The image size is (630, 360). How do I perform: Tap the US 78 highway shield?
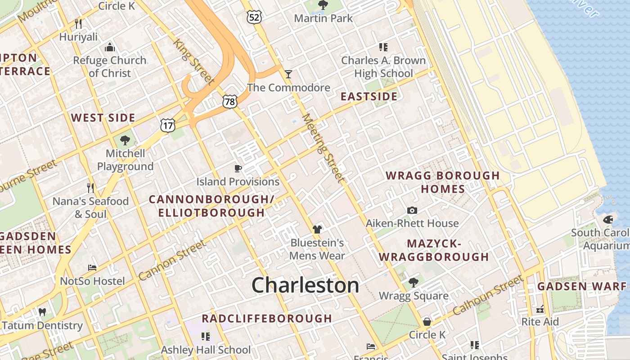click(229, 102)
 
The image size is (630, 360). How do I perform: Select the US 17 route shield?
click(167, 126)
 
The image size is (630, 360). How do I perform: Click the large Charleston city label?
click(305, 285)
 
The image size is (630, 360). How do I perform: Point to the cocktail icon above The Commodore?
click(288, 74)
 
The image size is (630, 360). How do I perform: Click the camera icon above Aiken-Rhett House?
click(412, 210)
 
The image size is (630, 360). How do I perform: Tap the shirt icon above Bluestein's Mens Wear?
click(317, 229)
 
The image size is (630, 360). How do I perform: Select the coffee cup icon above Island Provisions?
click(238, 168)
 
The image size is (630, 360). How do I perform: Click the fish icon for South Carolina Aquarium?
click(608, 220)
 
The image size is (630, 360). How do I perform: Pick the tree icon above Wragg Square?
click(413, 283)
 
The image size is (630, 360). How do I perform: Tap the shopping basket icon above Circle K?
click(427, 322)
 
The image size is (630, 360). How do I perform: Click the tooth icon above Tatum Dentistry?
click(42, 312)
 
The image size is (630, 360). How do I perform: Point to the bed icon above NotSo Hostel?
click(92, 268)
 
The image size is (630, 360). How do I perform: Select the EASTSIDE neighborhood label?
click(369, 96)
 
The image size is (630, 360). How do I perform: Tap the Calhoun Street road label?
click(488, 295)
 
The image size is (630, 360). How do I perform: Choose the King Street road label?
click(193, 61)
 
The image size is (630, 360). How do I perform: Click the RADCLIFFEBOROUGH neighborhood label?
click(267, 319)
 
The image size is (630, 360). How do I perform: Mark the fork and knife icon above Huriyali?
click(78, 23)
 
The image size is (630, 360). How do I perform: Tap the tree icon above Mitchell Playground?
click(125, 140)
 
